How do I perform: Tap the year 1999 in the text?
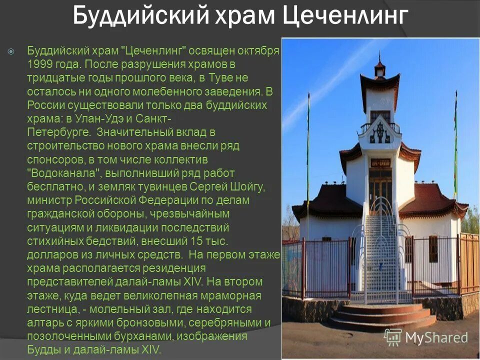(40, 64)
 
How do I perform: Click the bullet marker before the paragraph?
(11, 51)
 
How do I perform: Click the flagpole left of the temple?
(308, 150)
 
